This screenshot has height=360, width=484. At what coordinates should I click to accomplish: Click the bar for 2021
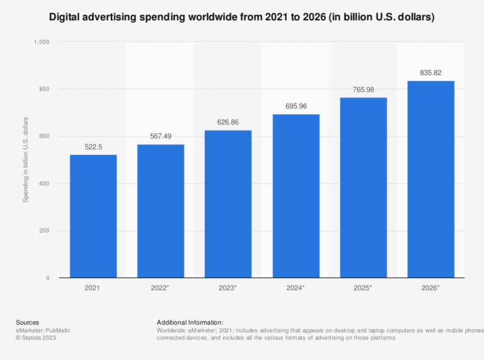click(x=93, y=216)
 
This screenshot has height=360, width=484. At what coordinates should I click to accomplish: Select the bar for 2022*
click(x=161, y=211)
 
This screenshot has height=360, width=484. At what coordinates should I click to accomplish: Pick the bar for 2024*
click(x=296, y=196)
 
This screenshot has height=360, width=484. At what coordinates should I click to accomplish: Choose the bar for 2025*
click(x=363, y=188)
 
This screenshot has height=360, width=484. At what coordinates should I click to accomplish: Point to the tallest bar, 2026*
click(x=430, y=180)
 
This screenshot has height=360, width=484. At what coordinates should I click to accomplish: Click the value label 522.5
click(x=93, y=146)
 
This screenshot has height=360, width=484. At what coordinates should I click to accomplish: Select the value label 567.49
click(x=161, y=136)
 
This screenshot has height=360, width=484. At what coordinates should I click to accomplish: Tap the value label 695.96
click(x=296, y=106)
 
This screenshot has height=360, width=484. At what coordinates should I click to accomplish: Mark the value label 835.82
click(x=430, y=73)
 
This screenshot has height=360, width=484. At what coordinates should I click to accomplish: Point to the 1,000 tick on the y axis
click(x=42, y=42)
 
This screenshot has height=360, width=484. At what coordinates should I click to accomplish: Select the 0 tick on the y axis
click(x=48, y=278)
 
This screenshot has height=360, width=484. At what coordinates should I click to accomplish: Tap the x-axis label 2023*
click(x=228, y=288)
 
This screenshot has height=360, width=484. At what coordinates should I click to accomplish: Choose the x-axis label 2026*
click(x=430, y=288)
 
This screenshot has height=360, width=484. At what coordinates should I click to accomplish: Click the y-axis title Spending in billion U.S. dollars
click(x=26, y=160)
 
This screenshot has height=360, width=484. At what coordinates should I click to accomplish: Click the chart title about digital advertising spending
click(x=242, y=17)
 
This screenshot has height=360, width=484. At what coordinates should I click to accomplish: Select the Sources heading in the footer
click(x=28, y=322)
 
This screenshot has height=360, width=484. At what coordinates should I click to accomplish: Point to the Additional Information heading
click(x=190, y=322)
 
